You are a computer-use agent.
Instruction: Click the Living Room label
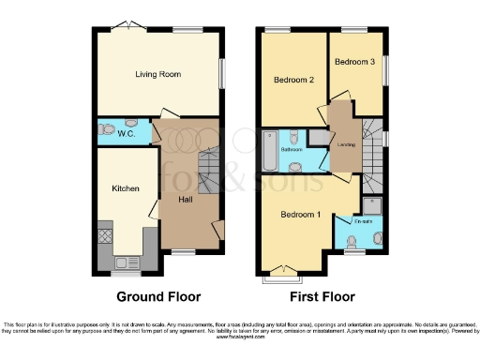tap(157, 74)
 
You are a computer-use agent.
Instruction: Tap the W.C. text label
tap(127, 134)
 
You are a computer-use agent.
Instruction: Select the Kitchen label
tap(126, 188)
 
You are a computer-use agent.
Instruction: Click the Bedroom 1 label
tap(300, 215)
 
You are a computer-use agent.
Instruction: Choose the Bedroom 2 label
tap(292, 81)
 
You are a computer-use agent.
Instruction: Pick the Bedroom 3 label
tap(354, 61)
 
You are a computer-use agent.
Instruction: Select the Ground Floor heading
tap(158, 297)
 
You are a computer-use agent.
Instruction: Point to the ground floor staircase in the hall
tap(202, 169)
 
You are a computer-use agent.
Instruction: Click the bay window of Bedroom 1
tap(279, 277)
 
